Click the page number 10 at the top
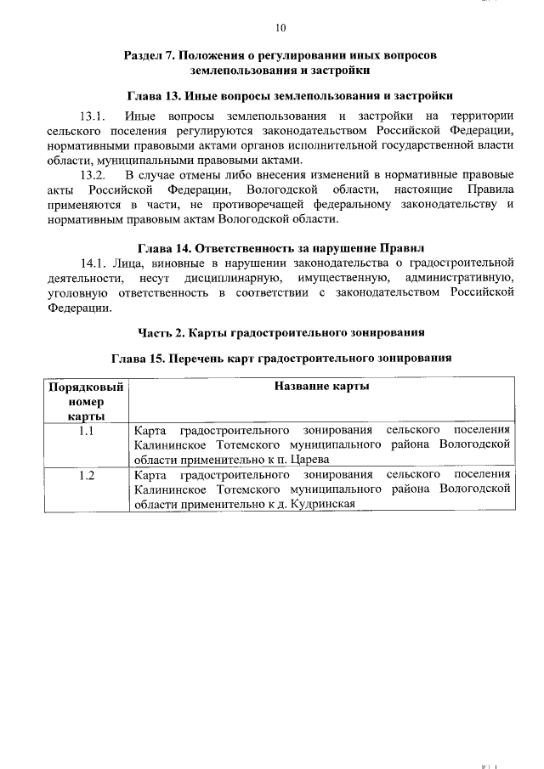280,26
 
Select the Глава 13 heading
280,95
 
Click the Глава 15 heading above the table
280,358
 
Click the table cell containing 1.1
86,430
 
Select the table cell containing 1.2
86,476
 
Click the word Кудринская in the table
320,503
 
